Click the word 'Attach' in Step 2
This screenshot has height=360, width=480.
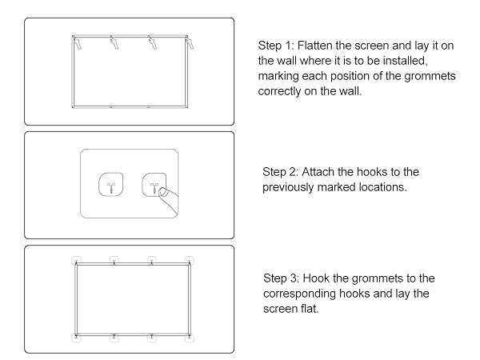326,172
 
